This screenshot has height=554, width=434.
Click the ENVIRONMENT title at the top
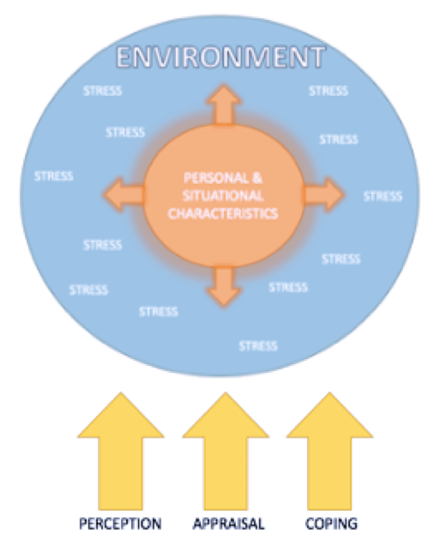220,57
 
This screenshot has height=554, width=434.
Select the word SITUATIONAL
223,196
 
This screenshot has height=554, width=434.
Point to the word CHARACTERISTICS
223,214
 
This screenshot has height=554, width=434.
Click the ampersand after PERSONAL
257,178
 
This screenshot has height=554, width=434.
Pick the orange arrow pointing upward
224,105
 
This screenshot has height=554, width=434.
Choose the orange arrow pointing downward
224,286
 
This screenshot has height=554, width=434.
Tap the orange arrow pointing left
124,195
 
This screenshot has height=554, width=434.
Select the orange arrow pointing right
323,195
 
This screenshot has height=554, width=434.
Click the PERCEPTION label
120,524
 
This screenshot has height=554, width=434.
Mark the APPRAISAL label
229,524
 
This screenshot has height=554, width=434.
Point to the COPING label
331,524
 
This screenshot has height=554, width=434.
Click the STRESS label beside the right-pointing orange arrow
383,197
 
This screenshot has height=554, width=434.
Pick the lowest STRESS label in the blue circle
258,346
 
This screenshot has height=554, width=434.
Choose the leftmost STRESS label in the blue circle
54,176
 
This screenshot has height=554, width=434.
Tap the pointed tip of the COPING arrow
330,393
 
